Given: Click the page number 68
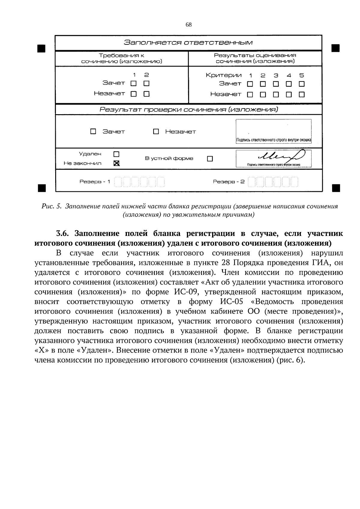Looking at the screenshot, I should tap(188, 25).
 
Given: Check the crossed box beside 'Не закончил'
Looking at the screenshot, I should tap(116, 163).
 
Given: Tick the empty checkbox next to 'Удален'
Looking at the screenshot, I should tap(116, 154).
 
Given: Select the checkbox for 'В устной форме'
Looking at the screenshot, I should tap(210, 159).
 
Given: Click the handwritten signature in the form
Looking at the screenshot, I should tap(281, 156).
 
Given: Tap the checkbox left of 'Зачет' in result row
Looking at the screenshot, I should tap(93, 132).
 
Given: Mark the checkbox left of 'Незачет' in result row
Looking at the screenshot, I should tap(156, 132).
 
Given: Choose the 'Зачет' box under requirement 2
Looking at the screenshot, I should tap(146, 83).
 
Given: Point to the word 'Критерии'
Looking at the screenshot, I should tap(223, 75).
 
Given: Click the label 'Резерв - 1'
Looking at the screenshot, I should tap(95, 182).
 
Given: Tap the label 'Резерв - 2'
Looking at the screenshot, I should tap(229, 182).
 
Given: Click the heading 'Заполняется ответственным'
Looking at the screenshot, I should tap(188, 42).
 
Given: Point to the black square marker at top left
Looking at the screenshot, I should tap(41, 48).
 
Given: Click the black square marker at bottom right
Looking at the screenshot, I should tap(336, 188).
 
